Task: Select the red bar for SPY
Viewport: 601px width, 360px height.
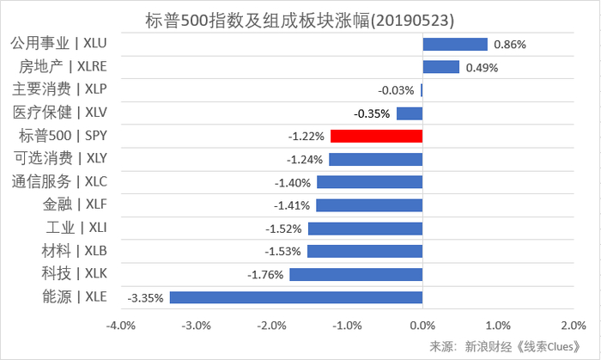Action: click(376, 136)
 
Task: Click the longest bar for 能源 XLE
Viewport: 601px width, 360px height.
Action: click(295, 297)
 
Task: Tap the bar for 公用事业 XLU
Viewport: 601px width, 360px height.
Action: click(454, 44)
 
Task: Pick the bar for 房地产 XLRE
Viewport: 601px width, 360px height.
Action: click(440, 67)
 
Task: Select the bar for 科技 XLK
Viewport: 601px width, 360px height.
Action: click(355, 274)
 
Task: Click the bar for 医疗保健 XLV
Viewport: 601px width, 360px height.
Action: click(409, 113)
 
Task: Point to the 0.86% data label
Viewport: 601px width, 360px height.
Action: click(508, 44)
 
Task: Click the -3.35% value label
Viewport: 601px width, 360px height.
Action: click(145, 298)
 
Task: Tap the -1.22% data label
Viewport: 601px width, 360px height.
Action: click(307, 136)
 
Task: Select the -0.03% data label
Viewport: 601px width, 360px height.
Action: click(396, 90)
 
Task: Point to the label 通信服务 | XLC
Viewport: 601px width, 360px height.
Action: click(65, 181)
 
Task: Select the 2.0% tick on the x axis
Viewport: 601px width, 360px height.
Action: click(572, 326)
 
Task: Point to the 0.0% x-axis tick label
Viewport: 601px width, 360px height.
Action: click(422, 326)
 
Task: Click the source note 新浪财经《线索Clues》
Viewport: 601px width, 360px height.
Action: click(512, 345)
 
